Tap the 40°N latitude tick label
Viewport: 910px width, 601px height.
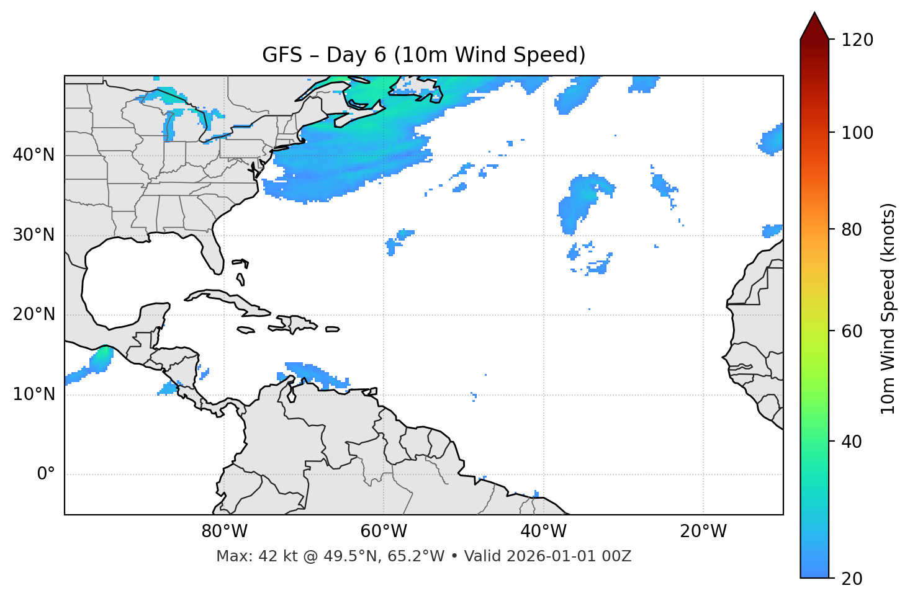[34, 155]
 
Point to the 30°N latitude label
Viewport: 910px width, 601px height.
[34, 235]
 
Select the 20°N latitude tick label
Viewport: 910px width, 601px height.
[34, 314]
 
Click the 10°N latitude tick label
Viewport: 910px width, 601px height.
[34, 394]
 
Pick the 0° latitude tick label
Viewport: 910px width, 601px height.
[46, 474]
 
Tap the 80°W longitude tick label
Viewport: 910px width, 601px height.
[224, 532]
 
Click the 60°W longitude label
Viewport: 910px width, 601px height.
[384, 532]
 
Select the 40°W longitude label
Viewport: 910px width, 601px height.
[543, 532]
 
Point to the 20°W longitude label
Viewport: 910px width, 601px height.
[703, 532]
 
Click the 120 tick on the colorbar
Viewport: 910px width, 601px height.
[857, 40]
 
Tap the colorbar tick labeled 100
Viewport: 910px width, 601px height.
[857, 133]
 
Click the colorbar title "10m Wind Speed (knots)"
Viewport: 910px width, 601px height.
[888, 308]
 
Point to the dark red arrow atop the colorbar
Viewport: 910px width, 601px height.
[814, 27]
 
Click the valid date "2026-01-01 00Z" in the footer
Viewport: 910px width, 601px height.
[569, 556]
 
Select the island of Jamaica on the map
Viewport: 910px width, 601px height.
[246, 330]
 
